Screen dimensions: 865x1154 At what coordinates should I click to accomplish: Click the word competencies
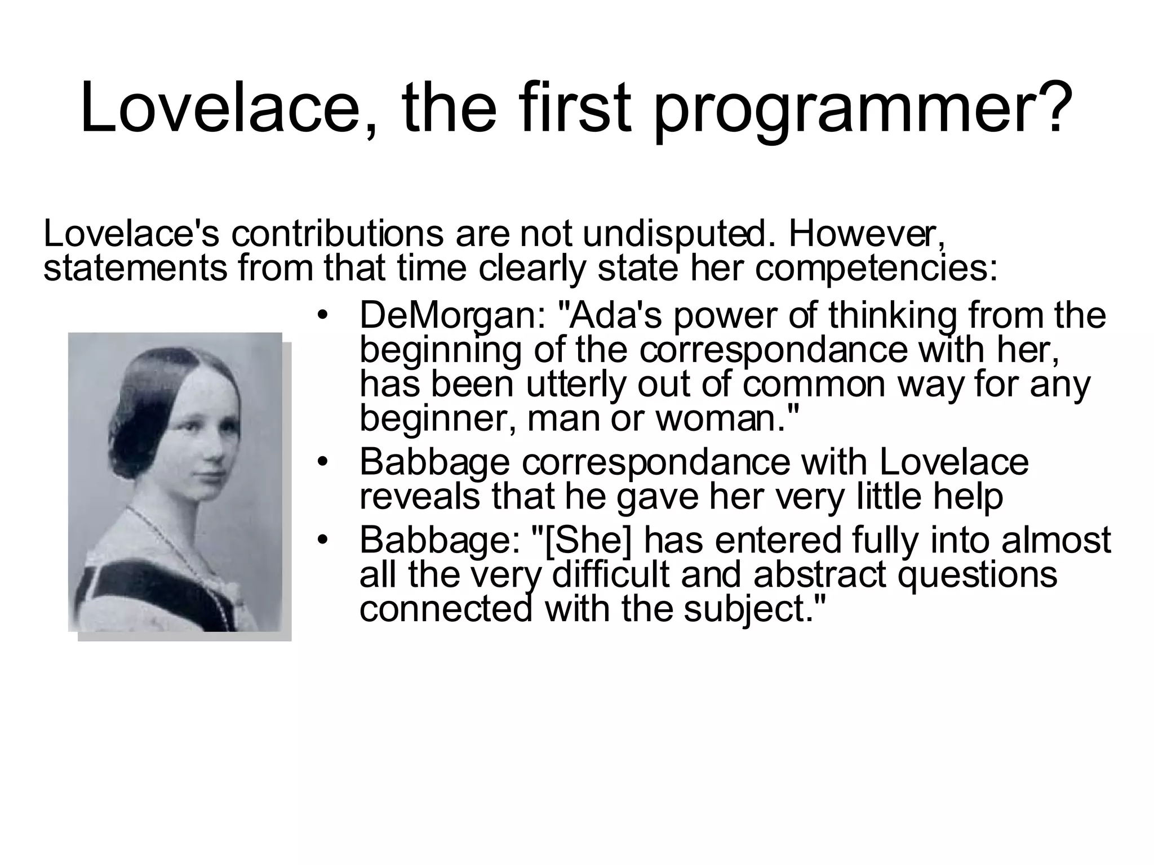tap(876, 269)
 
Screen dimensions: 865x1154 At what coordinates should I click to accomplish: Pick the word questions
tap(977, 574)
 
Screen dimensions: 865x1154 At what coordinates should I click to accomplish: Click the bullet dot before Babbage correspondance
tap(322, 462)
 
